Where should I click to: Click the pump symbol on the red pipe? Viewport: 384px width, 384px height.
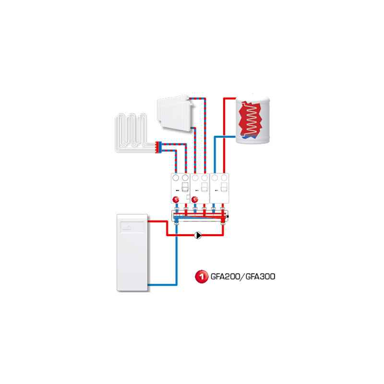198,235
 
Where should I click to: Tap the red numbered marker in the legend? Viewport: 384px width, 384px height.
201,276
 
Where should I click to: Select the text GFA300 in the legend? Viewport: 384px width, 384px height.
260,276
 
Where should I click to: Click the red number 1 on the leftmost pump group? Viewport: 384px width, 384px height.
176,200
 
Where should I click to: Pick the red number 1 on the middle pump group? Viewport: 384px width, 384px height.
195,200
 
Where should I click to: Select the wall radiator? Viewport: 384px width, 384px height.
175,113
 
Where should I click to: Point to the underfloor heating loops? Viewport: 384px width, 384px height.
131,132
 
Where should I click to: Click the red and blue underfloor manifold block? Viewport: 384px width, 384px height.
158,147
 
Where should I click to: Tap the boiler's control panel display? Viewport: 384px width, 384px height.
132,227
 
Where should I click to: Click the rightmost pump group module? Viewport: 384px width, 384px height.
219,188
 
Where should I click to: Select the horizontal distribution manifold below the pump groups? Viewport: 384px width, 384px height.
200,216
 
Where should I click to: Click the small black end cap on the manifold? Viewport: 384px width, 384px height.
228,216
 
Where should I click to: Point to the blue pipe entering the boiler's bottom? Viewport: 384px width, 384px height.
162,285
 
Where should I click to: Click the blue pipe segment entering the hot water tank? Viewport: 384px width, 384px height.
225,137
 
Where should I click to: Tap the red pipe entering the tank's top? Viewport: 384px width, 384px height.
230,98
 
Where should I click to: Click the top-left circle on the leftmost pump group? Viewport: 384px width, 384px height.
176,178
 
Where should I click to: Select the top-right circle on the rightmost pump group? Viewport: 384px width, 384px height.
224,178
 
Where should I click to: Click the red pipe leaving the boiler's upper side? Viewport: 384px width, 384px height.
158,221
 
